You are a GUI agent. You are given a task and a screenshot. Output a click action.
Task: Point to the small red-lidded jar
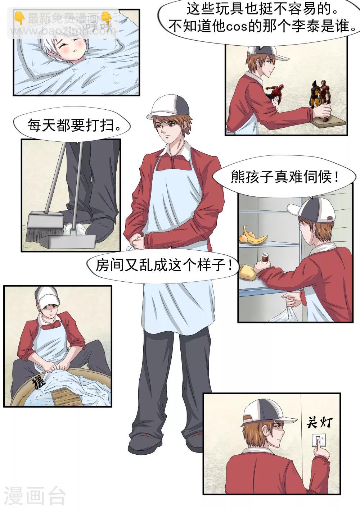click(x=266, y=259)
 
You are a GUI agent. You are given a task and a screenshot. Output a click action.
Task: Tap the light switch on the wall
click(x=319, y=441)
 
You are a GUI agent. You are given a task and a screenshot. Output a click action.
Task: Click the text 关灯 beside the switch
click(x=319, y=422)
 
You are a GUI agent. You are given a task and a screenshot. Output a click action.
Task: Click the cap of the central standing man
click(x=170, y=106)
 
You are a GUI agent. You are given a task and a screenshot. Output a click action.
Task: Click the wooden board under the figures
click(x=328, y=123)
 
